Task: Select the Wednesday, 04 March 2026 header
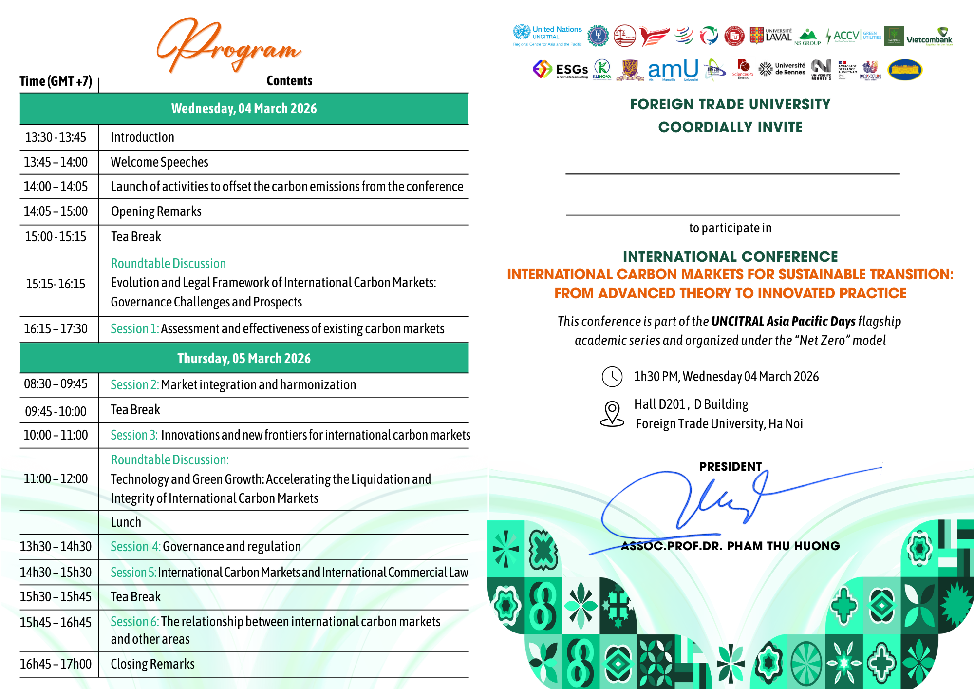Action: click(244, 108)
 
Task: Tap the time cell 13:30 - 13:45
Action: click(56, 137)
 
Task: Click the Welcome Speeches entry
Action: click(159, 162)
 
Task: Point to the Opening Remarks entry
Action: click(156, 211)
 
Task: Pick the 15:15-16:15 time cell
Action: click(56, 284)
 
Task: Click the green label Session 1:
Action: click(134, 329)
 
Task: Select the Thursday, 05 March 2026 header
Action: click(244, 358)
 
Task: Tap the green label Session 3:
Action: click(134, 435)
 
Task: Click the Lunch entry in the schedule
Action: click(126, 522)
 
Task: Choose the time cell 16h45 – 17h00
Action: click(56, 664)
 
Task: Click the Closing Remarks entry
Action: click(152, 664)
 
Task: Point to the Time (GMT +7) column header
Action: click(56, 81)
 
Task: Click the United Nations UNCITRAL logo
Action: click(547, 35)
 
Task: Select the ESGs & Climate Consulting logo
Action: click(561, 70)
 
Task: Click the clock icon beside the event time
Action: click(612, 377)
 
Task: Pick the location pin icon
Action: click(612, 414)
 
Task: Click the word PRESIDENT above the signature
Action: click(730, 466)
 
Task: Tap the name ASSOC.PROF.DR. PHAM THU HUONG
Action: click(730, 546)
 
